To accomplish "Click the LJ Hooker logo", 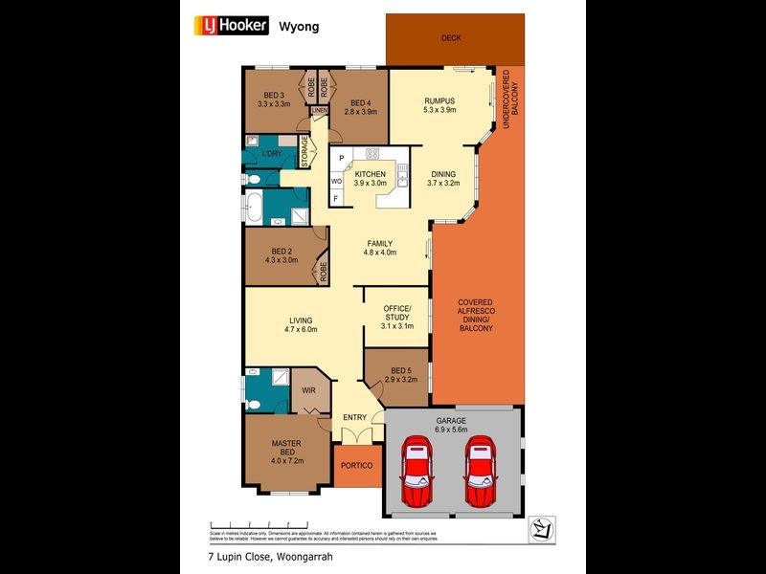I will point(234,26).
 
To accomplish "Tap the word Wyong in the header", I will point(298,26).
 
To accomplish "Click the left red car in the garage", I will point(417,473).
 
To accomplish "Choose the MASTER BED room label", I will point(287,449).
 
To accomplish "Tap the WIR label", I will point(308,390).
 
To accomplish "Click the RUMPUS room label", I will point(439,100).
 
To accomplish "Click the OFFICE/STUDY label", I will point(396,314).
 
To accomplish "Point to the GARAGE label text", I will point(451,421).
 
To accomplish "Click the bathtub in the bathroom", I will point(256,207).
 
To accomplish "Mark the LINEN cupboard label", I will point(319,111).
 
